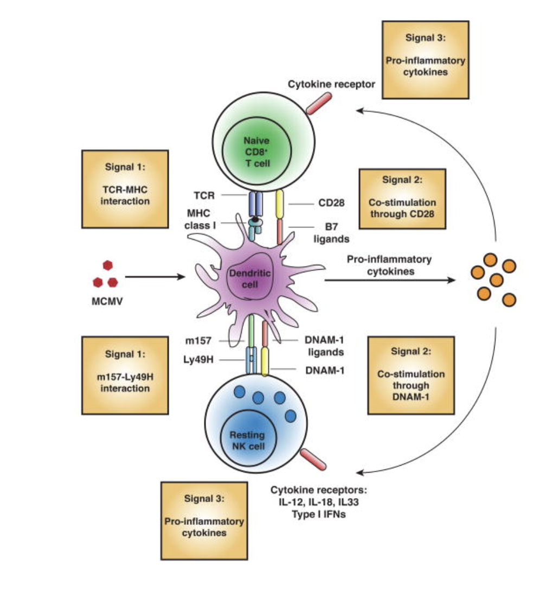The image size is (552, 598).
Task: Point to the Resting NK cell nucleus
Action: (x=247, y=440)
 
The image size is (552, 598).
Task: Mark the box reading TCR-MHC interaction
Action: (x=124, y=188)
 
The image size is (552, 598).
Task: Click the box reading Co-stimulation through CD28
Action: (x=402, y=198)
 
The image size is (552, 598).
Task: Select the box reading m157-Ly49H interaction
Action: (x=124, y=374)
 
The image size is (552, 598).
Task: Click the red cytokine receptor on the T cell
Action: (x=318, y=103)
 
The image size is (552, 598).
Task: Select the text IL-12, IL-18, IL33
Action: (x=314, y=502)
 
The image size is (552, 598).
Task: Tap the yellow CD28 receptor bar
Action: (x=280, y=204)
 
